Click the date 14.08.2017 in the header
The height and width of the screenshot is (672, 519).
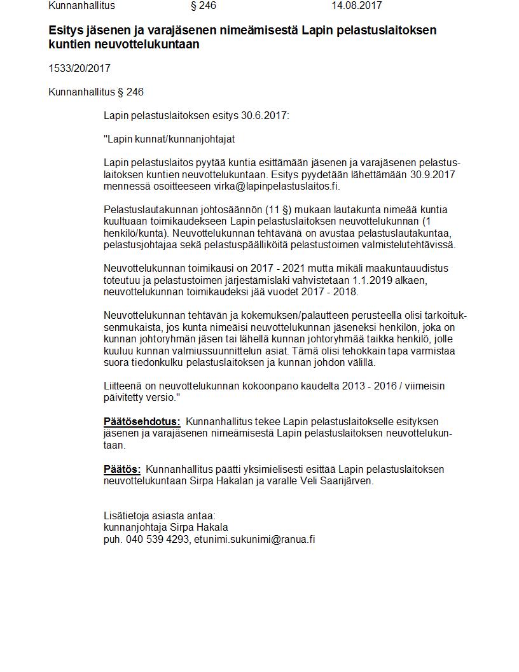(x=356, y=6)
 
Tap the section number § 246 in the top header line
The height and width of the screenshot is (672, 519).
(x=203, y=6)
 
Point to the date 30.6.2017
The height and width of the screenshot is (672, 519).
(x=265, y=116)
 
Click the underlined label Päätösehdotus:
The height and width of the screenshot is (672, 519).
(x=142, y=421)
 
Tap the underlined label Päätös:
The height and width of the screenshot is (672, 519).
(x=122, y=469)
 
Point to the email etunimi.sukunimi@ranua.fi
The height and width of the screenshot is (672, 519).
(x=254, y=539)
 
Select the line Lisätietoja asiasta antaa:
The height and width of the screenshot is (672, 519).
(x=159, y=515)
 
